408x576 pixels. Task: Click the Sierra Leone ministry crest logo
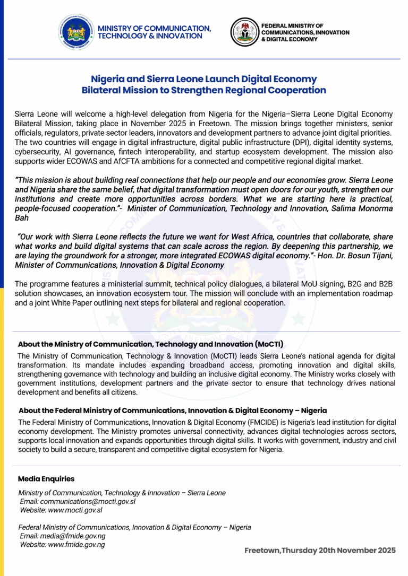coord(78,32)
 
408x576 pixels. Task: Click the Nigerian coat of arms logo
coord(244,32)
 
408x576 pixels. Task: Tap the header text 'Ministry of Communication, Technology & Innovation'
coord(154,32)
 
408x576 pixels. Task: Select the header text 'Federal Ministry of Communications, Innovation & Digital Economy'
coord(305,32)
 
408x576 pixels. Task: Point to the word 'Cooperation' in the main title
coord(294,90)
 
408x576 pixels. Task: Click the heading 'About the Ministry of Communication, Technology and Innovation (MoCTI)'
coord(150,344)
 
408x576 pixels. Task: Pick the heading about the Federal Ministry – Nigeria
coord(173,411)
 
